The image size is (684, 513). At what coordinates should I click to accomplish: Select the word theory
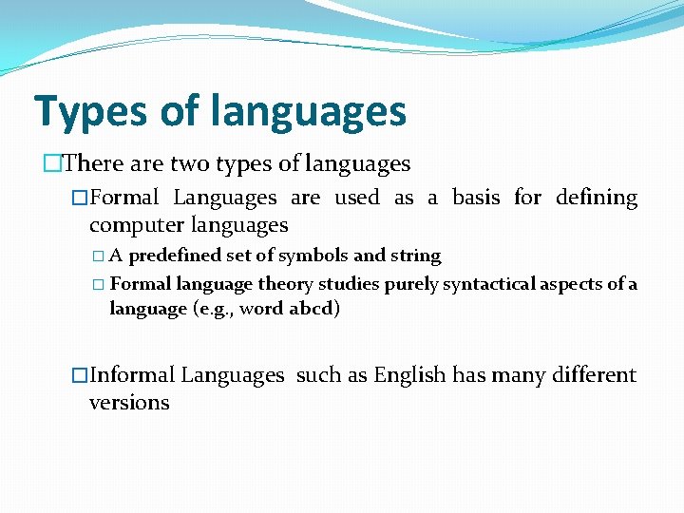(285, 284)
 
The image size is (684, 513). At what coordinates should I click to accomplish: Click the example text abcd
(313, 309)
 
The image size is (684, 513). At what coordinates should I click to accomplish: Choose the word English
(409, 375)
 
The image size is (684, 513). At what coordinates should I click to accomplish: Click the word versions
(129, 403)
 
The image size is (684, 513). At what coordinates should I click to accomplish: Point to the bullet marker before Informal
(80, 376)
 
